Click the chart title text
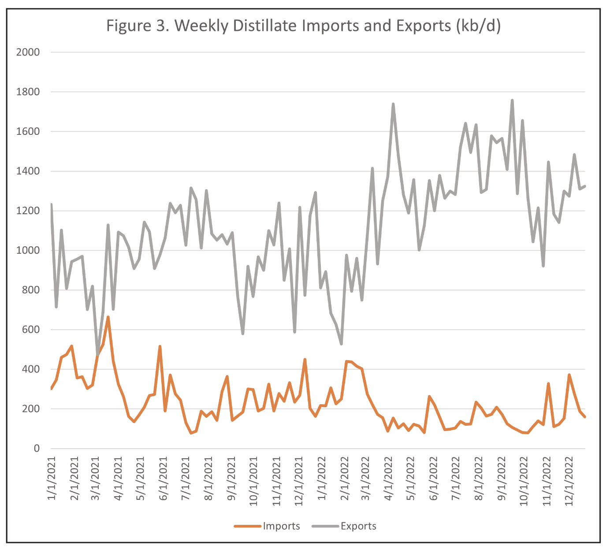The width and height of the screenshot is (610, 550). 304,26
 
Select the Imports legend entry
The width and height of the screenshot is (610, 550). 281,526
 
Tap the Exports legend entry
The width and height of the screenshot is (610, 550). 358,526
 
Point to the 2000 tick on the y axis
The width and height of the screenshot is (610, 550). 28,52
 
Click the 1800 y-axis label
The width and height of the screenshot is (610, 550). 28,92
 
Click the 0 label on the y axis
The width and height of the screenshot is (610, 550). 37,449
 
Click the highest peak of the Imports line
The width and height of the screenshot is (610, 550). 108,317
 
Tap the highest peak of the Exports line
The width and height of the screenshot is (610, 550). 512,100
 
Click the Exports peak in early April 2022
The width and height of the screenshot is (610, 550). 393,104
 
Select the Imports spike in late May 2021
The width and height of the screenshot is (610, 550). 160,346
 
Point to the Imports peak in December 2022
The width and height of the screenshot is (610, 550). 569,375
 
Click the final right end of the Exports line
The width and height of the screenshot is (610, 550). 585,186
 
